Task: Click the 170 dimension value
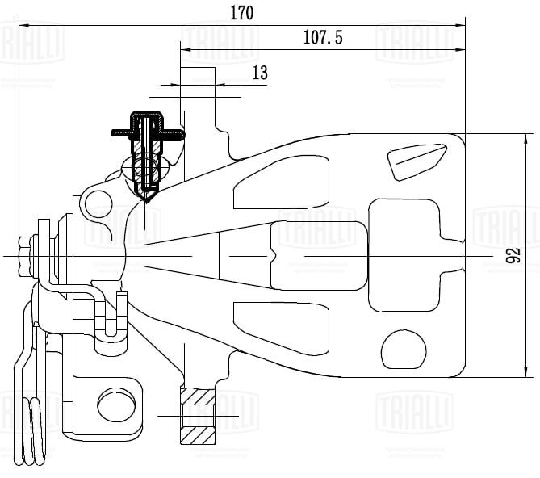tap(241, 13)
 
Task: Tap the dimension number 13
tap(260, 73)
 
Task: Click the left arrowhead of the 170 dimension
tap(22, 25)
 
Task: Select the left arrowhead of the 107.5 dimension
tap(184, 50)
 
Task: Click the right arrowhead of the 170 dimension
tap(463, 25)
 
